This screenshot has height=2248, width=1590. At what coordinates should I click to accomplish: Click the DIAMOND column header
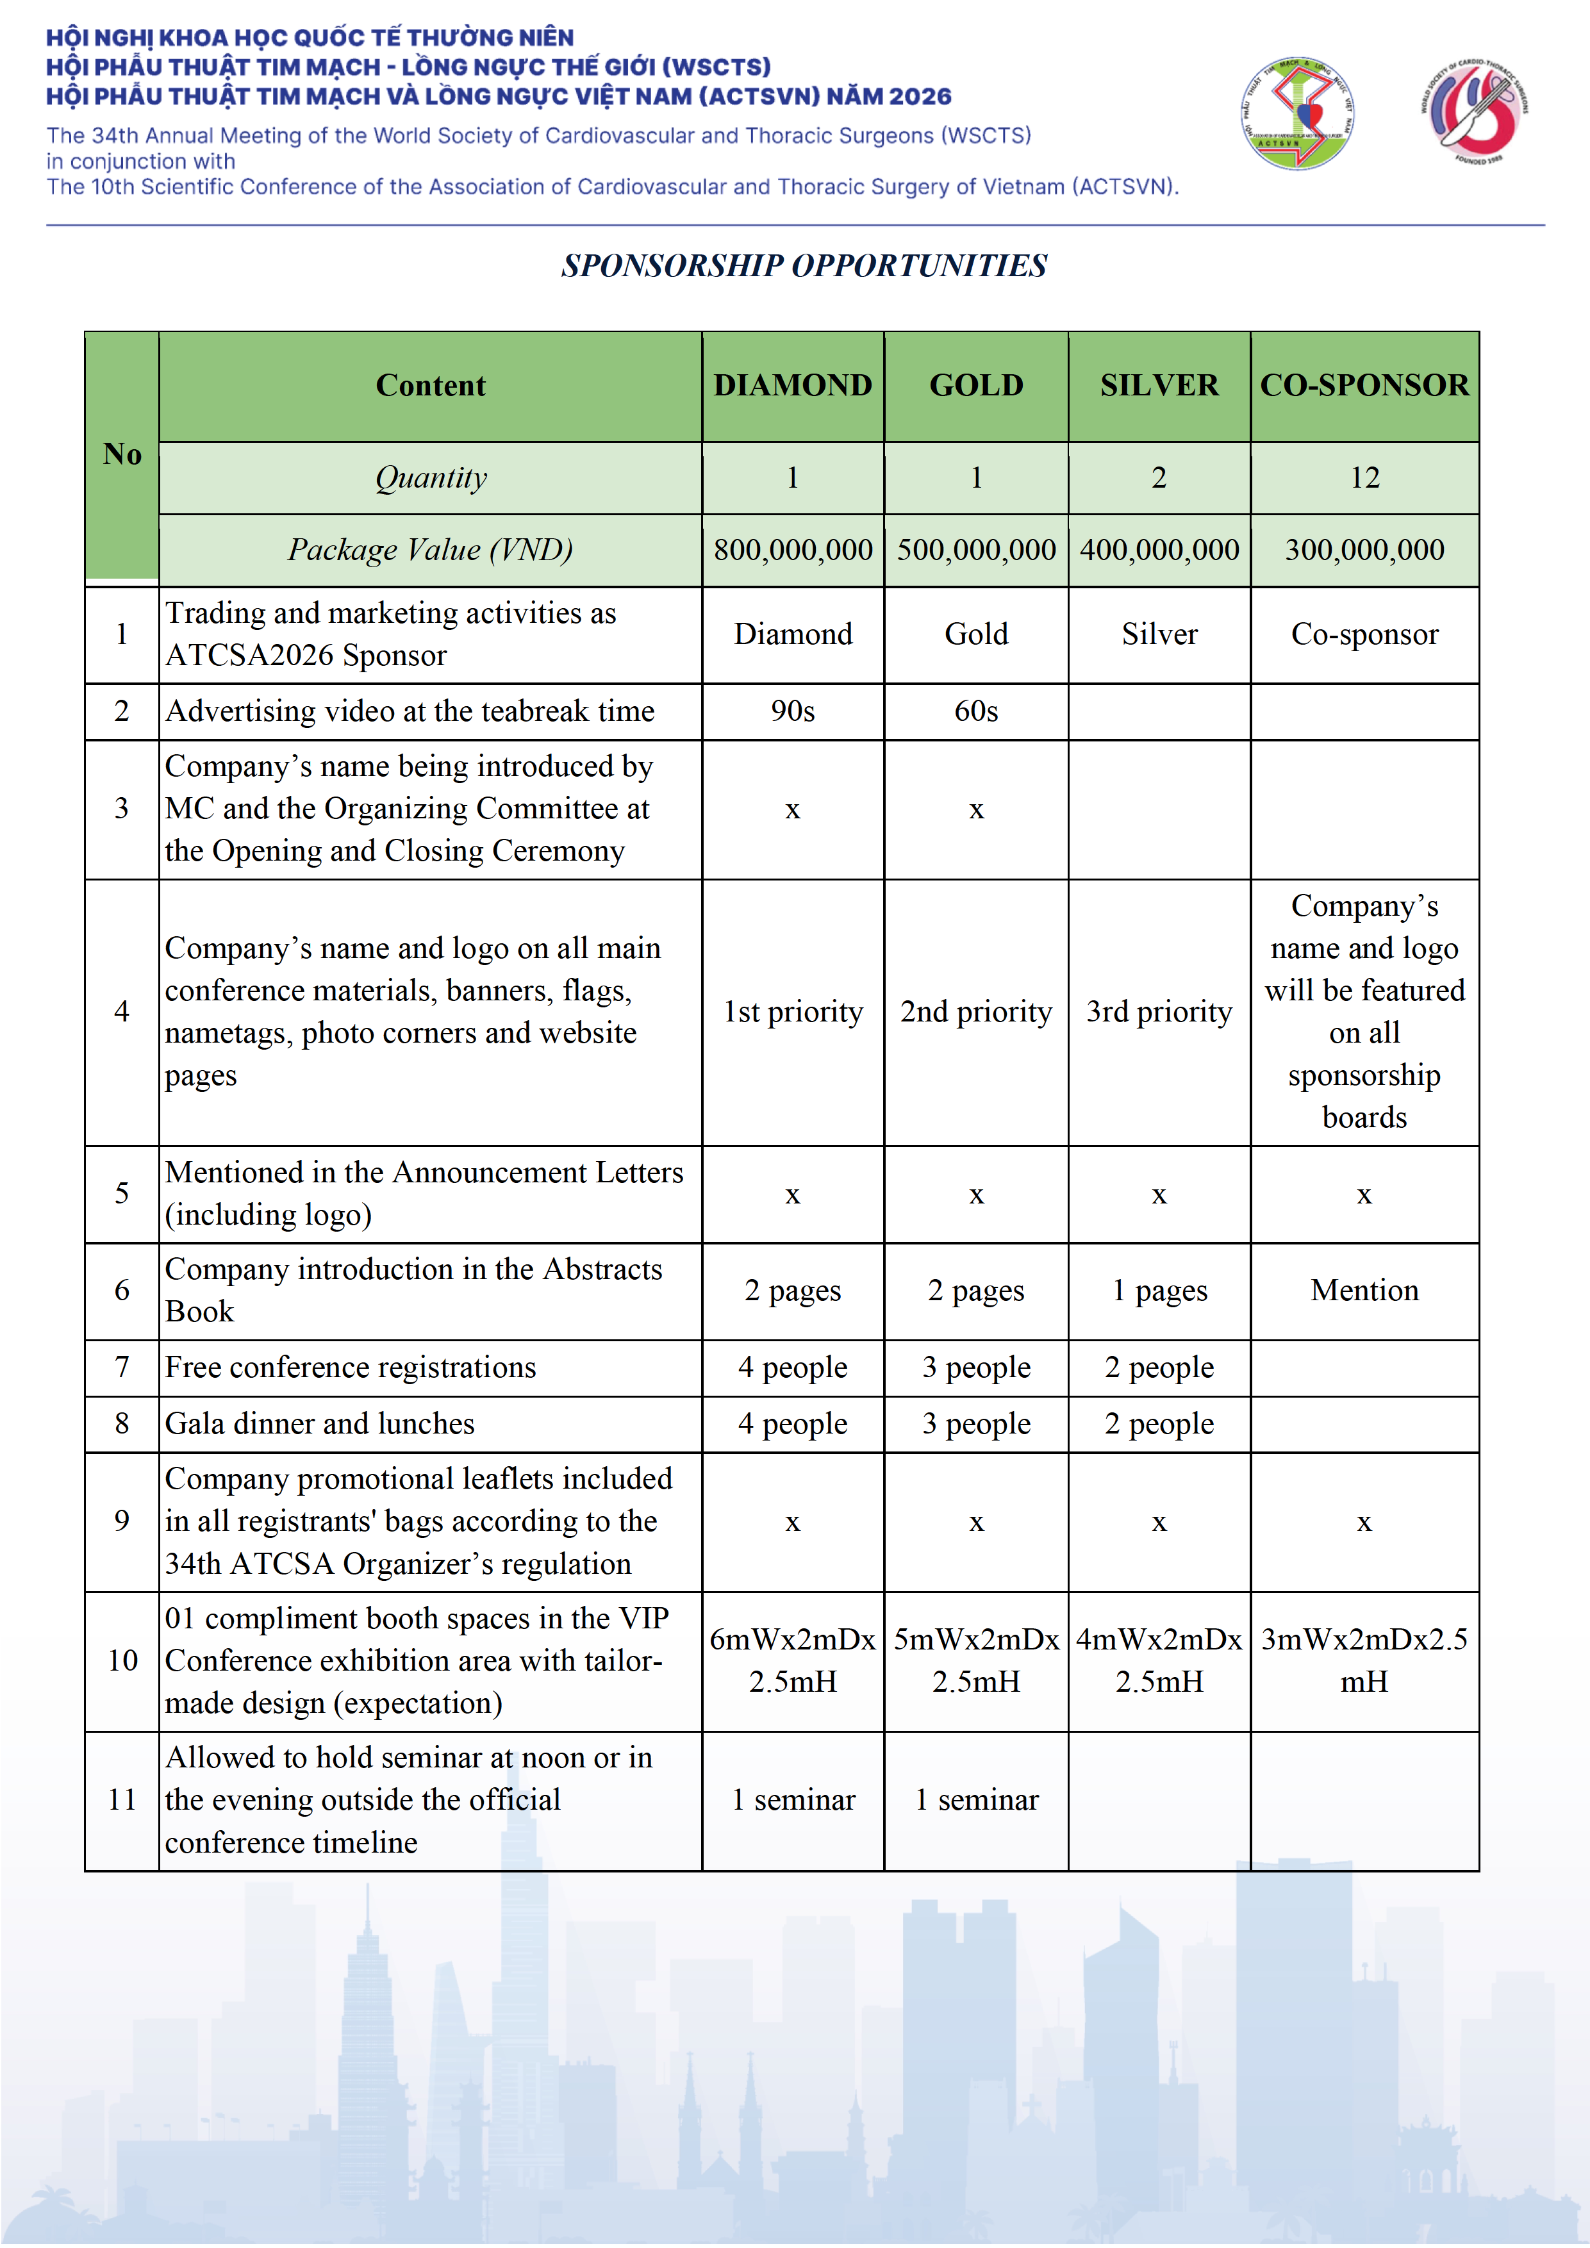coord(792,386)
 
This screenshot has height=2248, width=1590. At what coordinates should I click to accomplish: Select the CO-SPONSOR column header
coord(1364,386)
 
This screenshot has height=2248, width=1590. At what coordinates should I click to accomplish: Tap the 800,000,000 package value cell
coord(792,550)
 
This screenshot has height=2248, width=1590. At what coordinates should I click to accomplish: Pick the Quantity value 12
coord(1364,478)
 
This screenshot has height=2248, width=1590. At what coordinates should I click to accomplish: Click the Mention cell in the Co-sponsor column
coord(1364,1291)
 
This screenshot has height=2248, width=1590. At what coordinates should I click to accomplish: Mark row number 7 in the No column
coord(121,1367)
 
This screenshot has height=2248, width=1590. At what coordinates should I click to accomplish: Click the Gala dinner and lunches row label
coord(320,1424)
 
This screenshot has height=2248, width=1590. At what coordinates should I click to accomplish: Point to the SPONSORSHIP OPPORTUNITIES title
coord(804,265)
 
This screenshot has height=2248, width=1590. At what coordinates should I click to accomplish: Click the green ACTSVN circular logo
coord(1297,113)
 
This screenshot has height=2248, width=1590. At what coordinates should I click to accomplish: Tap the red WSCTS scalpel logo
coord(1475,111)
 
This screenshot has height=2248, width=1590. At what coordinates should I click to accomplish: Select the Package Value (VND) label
coord(430,550)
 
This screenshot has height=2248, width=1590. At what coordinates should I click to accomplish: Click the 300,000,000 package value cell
coord(1364,550)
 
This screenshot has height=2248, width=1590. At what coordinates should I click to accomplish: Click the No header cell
coord(121,454)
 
